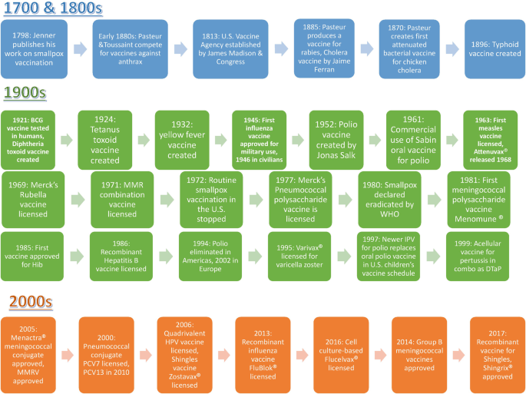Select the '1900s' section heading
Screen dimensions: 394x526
tap(25, 93)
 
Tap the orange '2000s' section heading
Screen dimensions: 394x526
tap(25, 300)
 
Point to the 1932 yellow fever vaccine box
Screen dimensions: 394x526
tap(182, 140)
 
